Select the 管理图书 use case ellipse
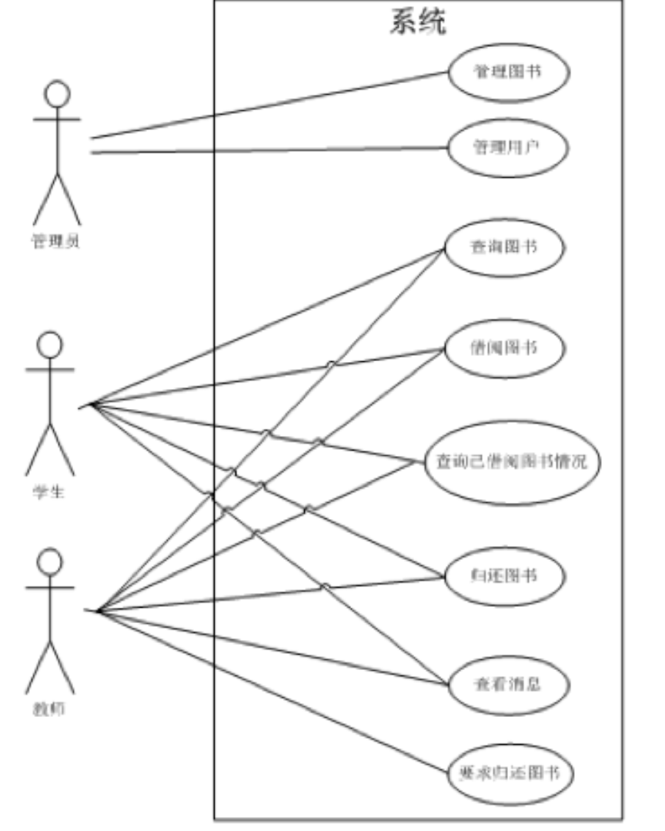pyautogui.click(x=506, y=73)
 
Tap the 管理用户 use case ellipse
pyautogui.click(x=506, y=147)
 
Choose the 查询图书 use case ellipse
pyautogui.click(x=504, y=248)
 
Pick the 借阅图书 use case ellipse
pyautogui.click(x=504, y=348)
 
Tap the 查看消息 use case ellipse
pyautogui.click(x=508, y=683)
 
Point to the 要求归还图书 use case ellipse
pyautogui.click(x=510, y=774)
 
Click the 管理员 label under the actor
pyautogui.click(x=56, y=242)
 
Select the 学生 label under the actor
pyautogui.click(x=49, y=491)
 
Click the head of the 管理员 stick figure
pyautogui.click(x=57, y=94)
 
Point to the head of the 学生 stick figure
pyautogui.click(x=50, y=344)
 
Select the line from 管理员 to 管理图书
pyautogui.click(x=269, y=106)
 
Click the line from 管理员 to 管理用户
pyautogui.click(x=269, y=149)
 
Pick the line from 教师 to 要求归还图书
pyautogui.click(x=269, y=692)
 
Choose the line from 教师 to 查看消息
pyautogui.click(x=269, y=647)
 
